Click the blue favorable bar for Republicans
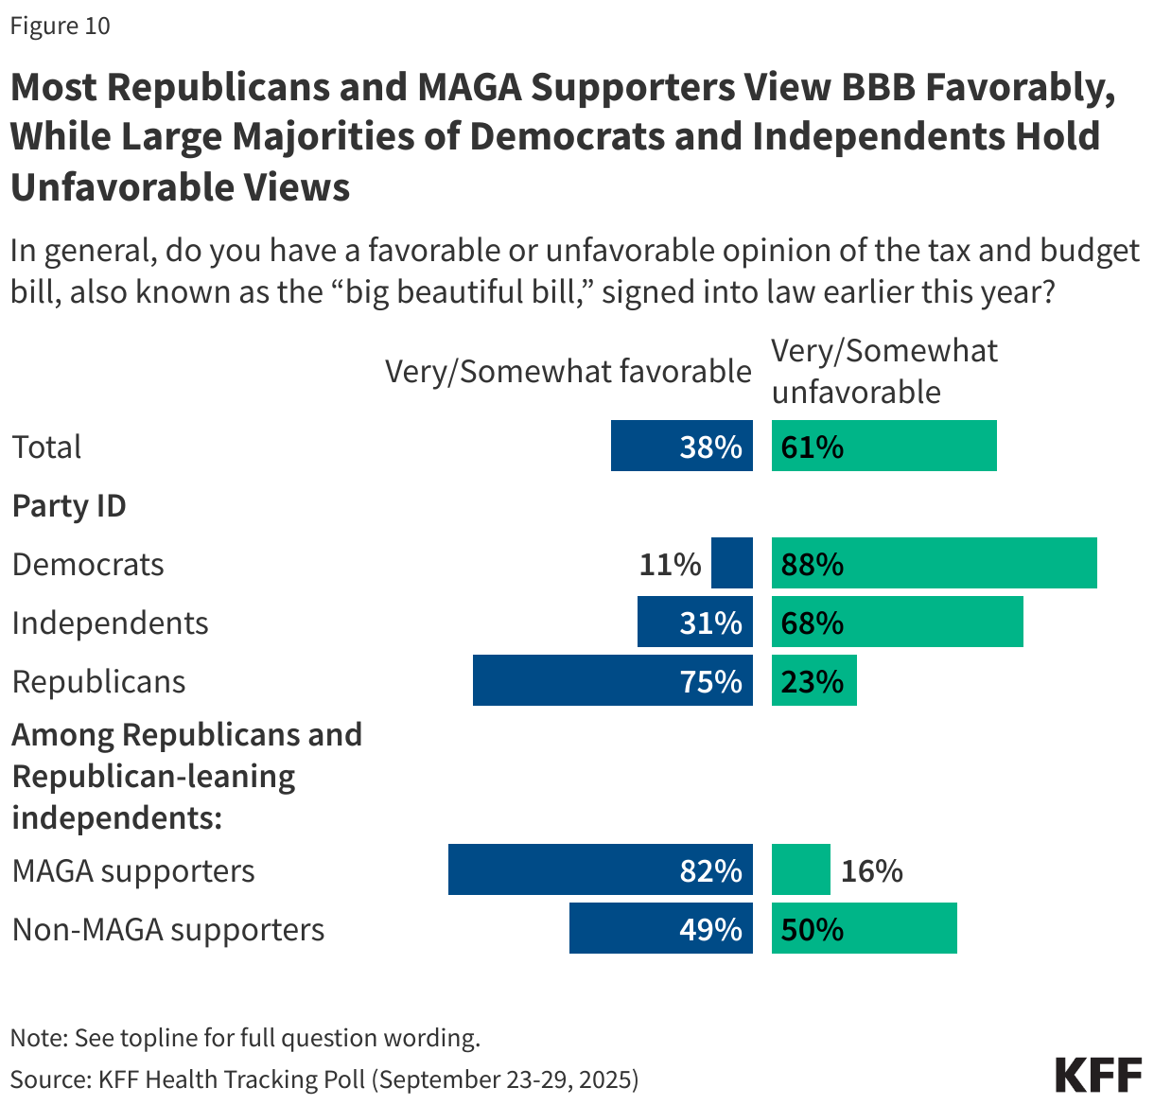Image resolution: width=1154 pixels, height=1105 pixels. [613, 680]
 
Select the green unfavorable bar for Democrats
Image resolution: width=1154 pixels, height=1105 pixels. [934, 564]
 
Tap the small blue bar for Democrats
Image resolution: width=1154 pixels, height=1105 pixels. [731, 564]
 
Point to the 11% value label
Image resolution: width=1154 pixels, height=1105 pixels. [670, 565]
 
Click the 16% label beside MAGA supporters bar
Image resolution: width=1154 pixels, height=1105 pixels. [871, 870]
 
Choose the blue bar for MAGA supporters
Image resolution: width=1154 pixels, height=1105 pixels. [600, 870]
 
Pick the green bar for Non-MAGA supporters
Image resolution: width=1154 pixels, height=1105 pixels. [864, 928]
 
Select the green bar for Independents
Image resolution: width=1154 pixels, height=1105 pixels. [897, 623]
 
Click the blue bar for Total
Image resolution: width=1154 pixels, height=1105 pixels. [681, 447]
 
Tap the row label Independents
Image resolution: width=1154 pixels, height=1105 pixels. [110, 623]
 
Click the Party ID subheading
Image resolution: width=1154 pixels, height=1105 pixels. [69, 506]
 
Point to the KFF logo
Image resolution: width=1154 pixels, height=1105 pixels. [1098, 1076]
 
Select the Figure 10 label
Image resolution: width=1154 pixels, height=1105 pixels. [60, 26]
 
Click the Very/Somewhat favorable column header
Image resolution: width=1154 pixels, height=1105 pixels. [568, 372]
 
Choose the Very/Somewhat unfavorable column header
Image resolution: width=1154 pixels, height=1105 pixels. [883, 372]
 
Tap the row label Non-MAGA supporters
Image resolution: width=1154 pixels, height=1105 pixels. [168, 930]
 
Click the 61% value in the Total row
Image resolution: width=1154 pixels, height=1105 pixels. [813, 447]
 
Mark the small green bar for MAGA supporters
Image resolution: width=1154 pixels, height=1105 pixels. [800, 870]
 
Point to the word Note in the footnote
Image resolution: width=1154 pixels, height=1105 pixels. [36, 1038]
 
